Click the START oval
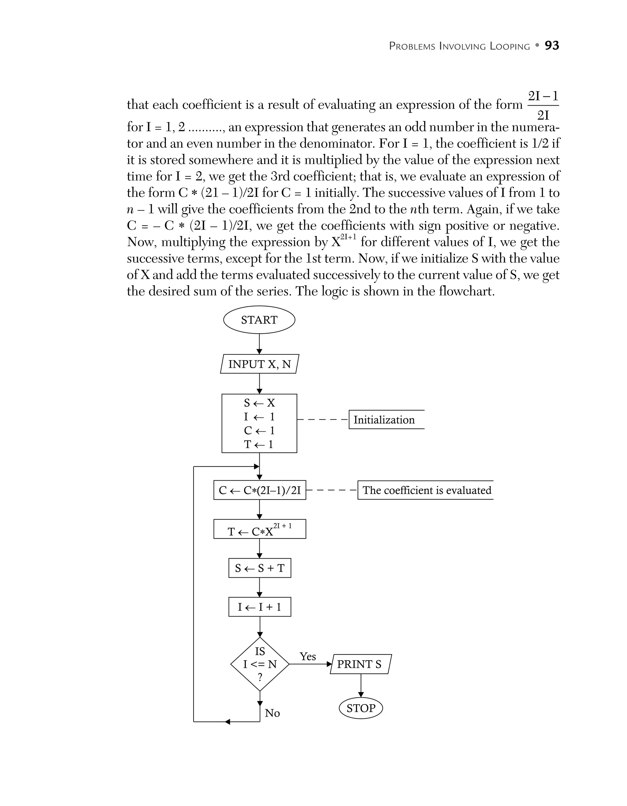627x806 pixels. coord(259,320)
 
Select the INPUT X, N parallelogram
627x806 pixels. coord(259,364)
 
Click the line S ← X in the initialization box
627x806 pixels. coord(259,403)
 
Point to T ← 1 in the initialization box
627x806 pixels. coord(259,444)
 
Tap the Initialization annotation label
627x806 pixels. coord(384,420)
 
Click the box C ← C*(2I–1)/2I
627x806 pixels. coord(259,490)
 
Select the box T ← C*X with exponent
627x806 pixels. coord(259,530)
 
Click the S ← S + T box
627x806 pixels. coord(259,568)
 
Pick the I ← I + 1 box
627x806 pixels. coord(259,607)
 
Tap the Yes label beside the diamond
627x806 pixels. coord(307,656)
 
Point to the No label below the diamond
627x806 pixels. coord(272,713)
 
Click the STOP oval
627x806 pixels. coord(361,708)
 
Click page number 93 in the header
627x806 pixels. coord(552,45)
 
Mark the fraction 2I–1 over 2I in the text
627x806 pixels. coord(543,106)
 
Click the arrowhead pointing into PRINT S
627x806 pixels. coord(329,664)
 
